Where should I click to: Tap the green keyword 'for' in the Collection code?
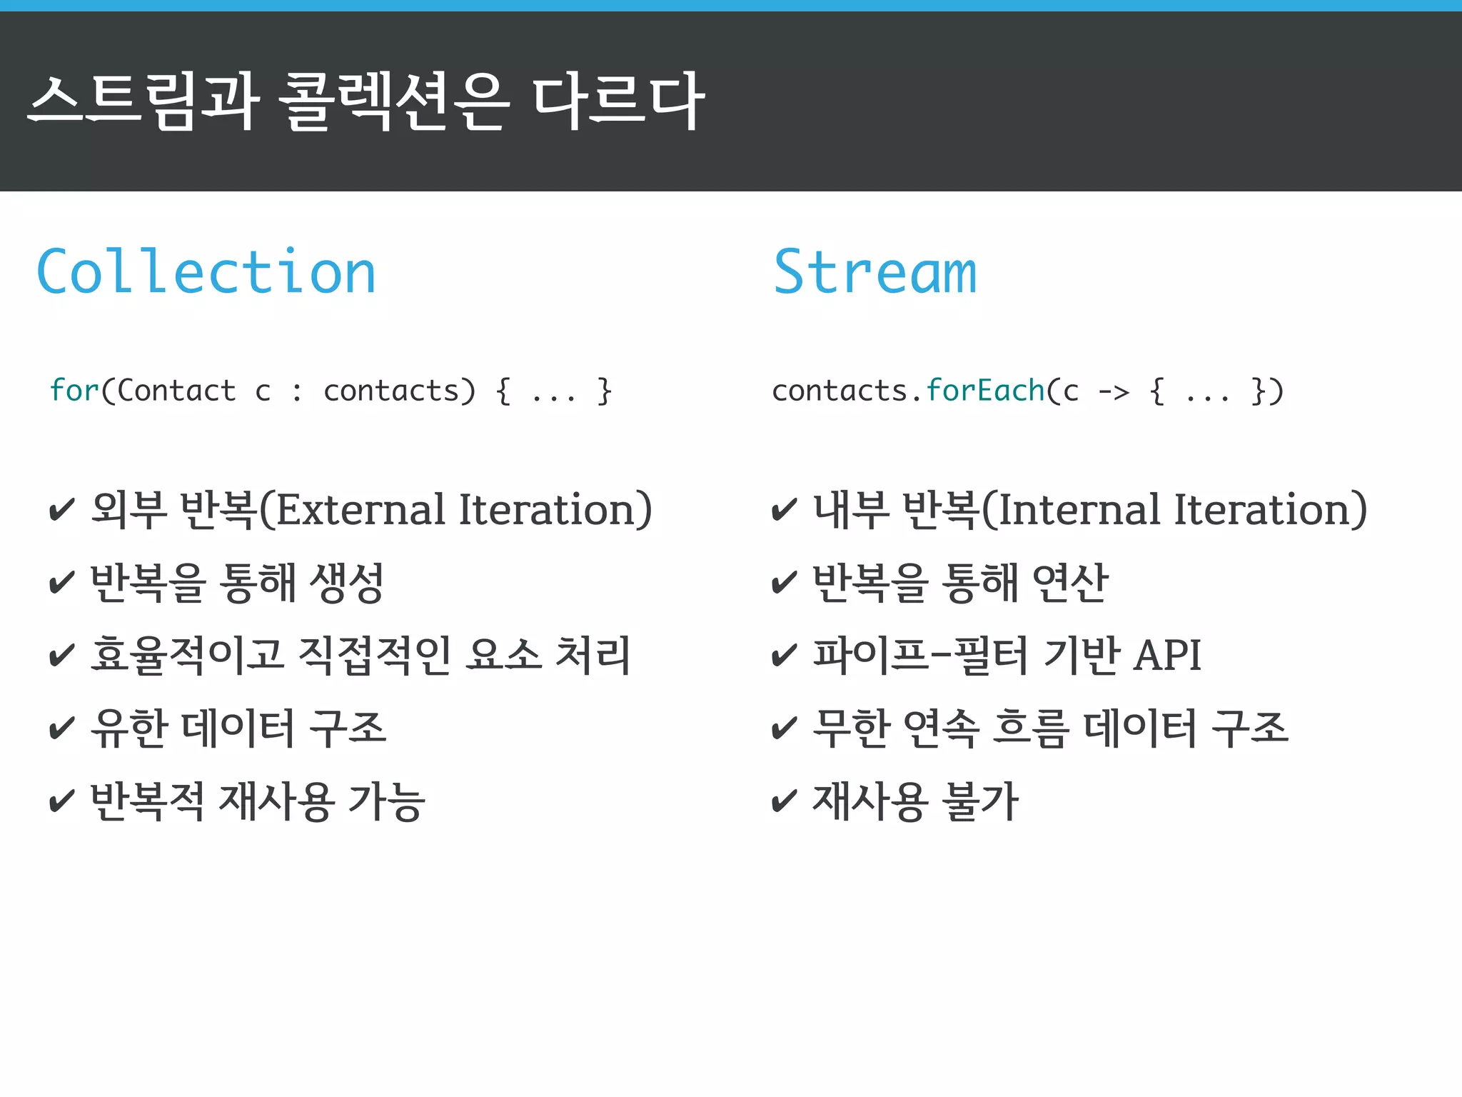coord(74,391)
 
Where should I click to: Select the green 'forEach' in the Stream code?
coord(985,391)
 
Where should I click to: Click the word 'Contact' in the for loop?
coord(176,391)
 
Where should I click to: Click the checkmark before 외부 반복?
coord(62,510)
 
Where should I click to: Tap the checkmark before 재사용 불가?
coord(785,801)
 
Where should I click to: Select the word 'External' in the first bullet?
coord(361,510)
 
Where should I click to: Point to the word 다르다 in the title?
coord(618,101)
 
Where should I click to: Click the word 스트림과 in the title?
coord(143,101)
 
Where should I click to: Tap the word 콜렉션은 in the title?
coord(395,101)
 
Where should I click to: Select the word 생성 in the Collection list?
coord(347,583)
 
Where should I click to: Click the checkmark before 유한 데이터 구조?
coord(62,728)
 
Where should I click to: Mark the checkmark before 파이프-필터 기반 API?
coord(785,656)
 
